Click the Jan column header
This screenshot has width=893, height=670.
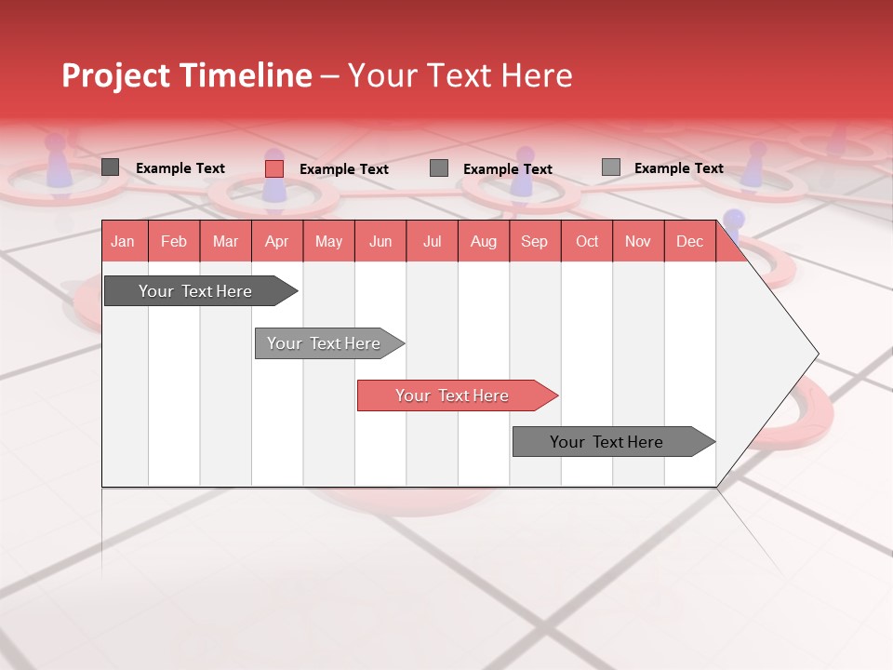(123, 241)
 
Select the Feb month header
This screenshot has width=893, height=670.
(174, 241)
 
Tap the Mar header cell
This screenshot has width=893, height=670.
(225, 241)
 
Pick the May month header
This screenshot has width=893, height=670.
(328, 241)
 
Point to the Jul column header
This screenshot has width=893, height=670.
(432, 241)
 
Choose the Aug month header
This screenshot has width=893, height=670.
(483, 241)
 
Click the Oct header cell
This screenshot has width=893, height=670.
(587, 241)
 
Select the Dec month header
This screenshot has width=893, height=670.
(689, 241)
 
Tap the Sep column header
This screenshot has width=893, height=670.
(534, 241)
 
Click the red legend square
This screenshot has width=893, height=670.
(274, 168)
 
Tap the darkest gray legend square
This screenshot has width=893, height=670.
(111, 167)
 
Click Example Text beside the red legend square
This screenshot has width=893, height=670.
(343, 169)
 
